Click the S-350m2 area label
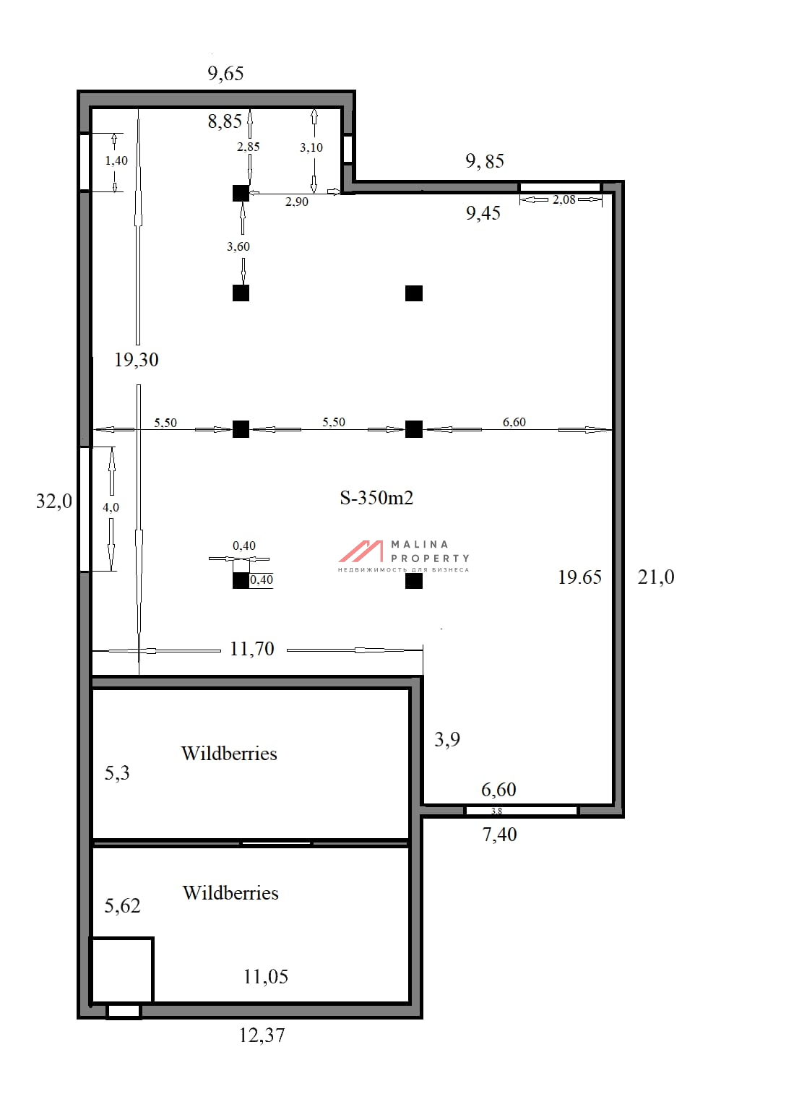pyautogui.click(x=376, y=497)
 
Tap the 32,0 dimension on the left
pyautogui.click(x=54, y=501)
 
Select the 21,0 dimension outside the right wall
pyautogui.click(x=655, y=577)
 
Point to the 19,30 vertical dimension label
pyautogui.click(x=137, y=360)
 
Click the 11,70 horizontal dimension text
pyautogui.click(x=252, y=649)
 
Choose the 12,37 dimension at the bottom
pyautogui.click(x=262, y=1035)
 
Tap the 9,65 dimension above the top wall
pyautogui.click(x=225, y=74)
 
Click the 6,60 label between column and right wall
pyautogui.click(x=514, y=422)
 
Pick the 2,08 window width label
pyautogui.click(x=564, y=199)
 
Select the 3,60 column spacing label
pyautogui.click(x=238, y=246)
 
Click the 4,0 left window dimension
pyautogui.click(x=111, y=507)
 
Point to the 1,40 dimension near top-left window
pyautogui.click(x=116, y=161)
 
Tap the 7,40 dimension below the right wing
pyautogui.click(x=500, y=835)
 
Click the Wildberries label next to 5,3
pyautogui.click(x=229, y=754)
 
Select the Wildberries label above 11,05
pyautogui.click(x=230, y=893)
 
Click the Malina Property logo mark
pyautogui.click(x=361, y=551)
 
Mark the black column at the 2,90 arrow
pyautogui.click(x=241, y=193)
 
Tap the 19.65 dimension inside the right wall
pyautogui.click(x=579, y=577)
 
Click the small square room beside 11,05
pyautogui.click(x=122, y=970)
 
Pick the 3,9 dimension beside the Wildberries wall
pyautogui.click(x=447, y=740)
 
